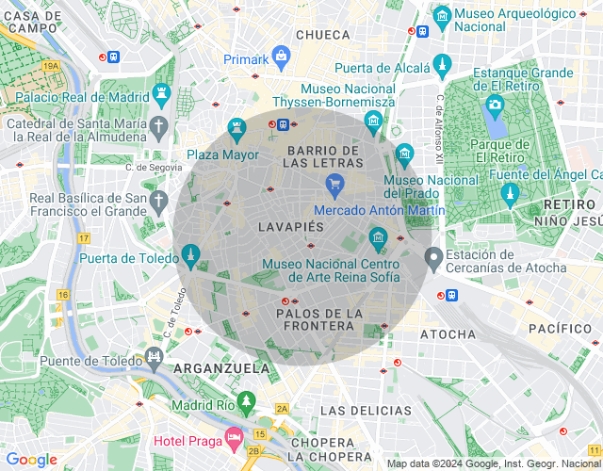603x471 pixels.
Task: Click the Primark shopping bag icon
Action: [281, 57]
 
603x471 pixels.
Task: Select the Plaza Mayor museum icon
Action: [236, 129]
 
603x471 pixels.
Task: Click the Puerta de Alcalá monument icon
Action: [441, 65]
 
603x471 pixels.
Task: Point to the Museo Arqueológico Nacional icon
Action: [441, 16]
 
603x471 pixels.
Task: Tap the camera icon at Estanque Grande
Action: [495, 105]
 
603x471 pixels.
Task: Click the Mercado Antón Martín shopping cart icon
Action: [333, 185]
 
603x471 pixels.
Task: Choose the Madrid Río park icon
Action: [246, 402]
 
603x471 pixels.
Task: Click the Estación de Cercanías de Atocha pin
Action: [433, 257]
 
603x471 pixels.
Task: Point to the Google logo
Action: [31, 460]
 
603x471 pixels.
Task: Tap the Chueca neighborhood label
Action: [323, 35]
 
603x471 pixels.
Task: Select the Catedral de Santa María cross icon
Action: [160, 126]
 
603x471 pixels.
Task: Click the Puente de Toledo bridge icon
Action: [154, 357]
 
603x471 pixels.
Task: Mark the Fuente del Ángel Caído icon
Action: [511, 195]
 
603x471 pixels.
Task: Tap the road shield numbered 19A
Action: [51, 66]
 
